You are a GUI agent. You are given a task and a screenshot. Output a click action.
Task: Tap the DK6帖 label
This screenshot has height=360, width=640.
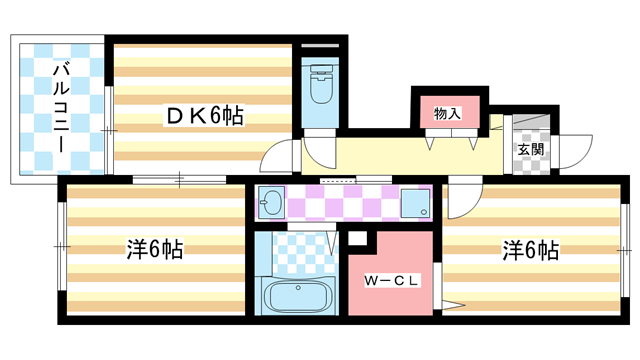[x=205, y=117]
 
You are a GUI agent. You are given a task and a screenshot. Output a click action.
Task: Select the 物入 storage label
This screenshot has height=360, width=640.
[x=447, y=114]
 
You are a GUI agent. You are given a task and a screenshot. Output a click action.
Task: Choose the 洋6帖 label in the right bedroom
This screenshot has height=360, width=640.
[x=530, y=250]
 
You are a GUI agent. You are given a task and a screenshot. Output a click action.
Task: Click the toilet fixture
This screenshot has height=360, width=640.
[x=321, y=86]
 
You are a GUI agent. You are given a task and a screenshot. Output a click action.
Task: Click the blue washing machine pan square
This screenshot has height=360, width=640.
[x=415, y=204]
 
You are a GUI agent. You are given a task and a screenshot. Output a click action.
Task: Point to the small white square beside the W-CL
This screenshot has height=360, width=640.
[x=356, y=239]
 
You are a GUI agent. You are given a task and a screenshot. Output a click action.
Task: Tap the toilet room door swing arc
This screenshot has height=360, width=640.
[x=319, y=151]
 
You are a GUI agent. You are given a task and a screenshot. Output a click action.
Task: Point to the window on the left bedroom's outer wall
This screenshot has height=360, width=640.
[x=60, y=245]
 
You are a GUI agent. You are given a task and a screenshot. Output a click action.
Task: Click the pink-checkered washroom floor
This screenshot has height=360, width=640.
[x=345, y=203]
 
